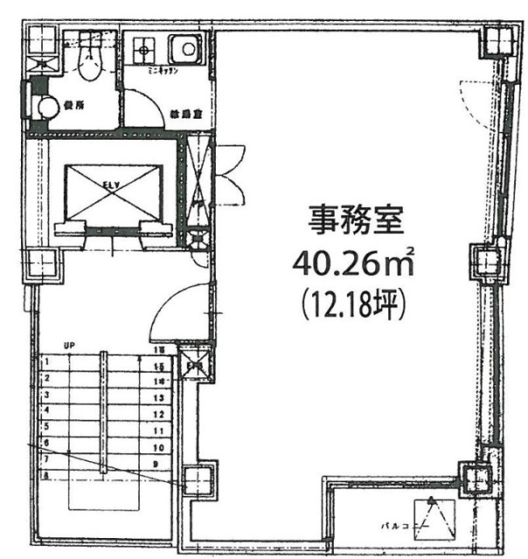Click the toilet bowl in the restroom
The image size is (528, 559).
(x=88, y=62)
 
